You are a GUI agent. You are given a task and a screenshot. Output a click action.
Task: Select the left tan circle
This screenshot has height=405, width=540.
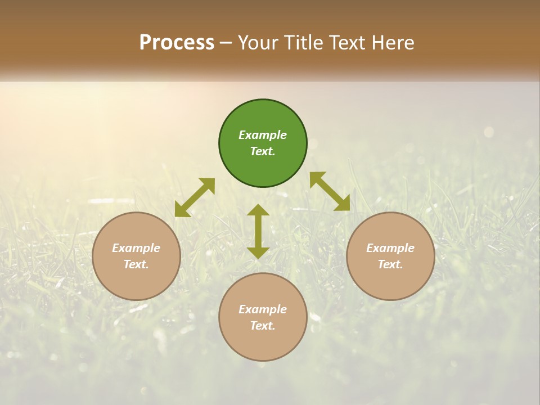[x=136, y=281]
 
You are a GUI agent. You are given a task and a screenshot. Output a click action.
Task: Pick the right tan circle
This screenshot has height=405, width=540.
[x=390, y=281]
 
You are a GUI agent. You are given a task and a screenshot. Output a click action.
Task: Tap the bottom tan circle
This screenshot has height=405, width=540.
[x=263, y=343]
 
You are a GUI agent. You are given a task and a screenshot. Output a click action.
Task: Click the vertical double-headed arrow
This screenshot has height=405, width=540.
[x=258, y=232]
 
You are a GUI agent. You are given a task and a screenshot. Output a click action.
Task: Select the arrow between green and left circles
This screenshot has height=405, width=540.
[x=195, y=197]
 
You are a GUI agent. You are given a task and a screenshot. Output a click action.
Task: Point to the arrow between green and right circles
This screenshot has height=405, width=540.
[x=330, y=191]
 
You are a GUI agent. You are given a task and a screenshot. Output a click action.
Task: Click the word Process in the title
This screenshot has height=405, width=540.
[x=177, y=43]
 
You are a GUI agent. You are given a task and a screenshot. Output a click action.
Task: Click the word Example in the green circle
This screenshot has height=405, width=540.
[x=263, y=135]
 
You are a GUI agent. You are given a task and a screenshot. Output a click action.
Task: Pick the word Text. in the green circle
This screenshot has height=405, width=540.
[x=263, y=151]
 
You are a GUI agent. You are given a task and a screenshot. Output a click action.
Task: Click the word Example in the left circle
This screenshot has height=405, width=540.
[x=136, y=248]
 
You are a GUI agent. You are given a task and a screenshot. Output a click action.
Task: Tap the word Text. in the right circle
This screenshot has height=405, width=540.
[x=390, y=264]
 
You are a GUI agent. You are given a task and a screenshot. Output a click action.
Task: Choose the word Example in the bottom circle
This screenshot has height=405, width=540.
[x=263, y=309]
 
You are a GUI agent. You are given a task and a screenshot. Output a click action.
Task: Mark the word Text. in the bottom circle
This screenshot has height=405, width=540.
[x=263, y=326]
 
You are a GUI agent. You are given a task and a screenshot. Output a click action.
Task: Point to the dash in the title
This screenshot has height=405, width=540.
[x=226, y=43]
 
